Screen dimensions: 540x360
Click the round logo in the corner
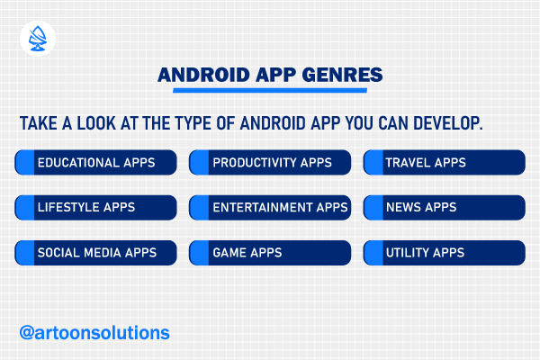[38, 39]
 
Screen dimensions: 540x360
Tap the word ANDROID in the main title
[203, 75]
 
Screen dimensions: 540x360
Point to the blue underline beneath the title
[270, 90]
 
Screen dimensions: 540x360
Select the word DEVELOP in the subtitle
[448, 123]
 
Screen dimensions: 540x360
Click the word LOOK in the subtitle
[96, 123]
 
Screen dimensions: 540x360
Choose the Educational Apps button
[95, 162]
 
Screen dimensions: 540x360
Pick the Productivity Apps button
[270, 162]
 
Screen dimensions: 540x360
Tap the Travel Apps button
[445, 162]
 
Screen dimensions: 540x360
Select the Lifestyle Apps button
[95, 207]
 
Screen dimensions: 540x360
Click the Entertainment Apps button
[270, 207]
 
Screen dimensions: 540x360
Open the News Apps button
[445, 207]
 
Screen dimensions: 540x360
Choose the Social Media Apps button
[95, 253]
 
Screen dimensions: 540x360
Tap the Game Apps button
[270, 253]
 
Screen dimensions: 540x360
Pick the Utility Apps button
[445, 253]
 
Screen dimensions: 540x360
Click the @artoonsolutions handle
[94, 333]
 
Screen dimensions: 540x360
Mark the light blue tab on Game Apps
[199, 253]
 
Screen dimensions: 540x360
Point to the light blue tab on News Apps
[373, 207]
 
